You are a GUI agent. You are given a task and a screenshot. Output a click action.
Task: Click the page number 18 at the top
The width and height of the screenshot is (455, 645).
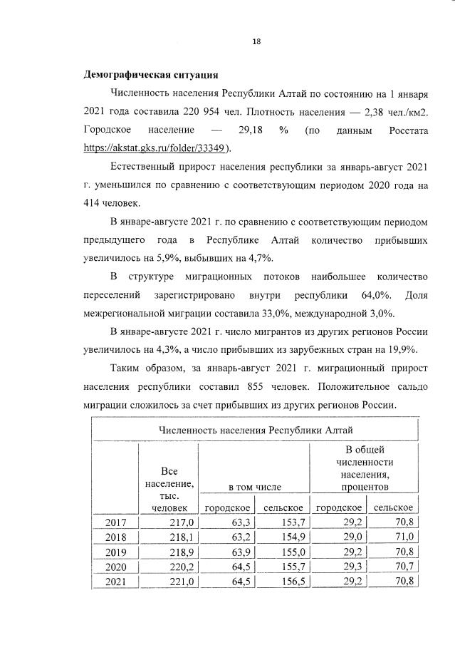[x=256, y=41]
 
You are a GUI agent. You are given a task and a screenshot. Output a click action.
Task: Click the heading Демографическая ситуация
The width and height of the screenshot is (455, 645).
[x=151, y=75]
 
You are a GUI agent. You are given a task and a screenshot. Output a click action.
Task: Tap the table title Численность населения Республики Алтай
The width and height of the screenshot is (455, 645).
[x=255, y=430]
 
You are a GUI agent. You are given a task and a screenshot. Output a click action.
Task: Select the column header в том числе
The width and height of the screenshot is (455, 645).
[x=254, y=487]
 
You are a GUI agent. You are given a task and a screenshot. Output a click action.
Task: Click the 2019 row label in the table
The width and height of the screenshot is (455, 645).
[x=116, y=552]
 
